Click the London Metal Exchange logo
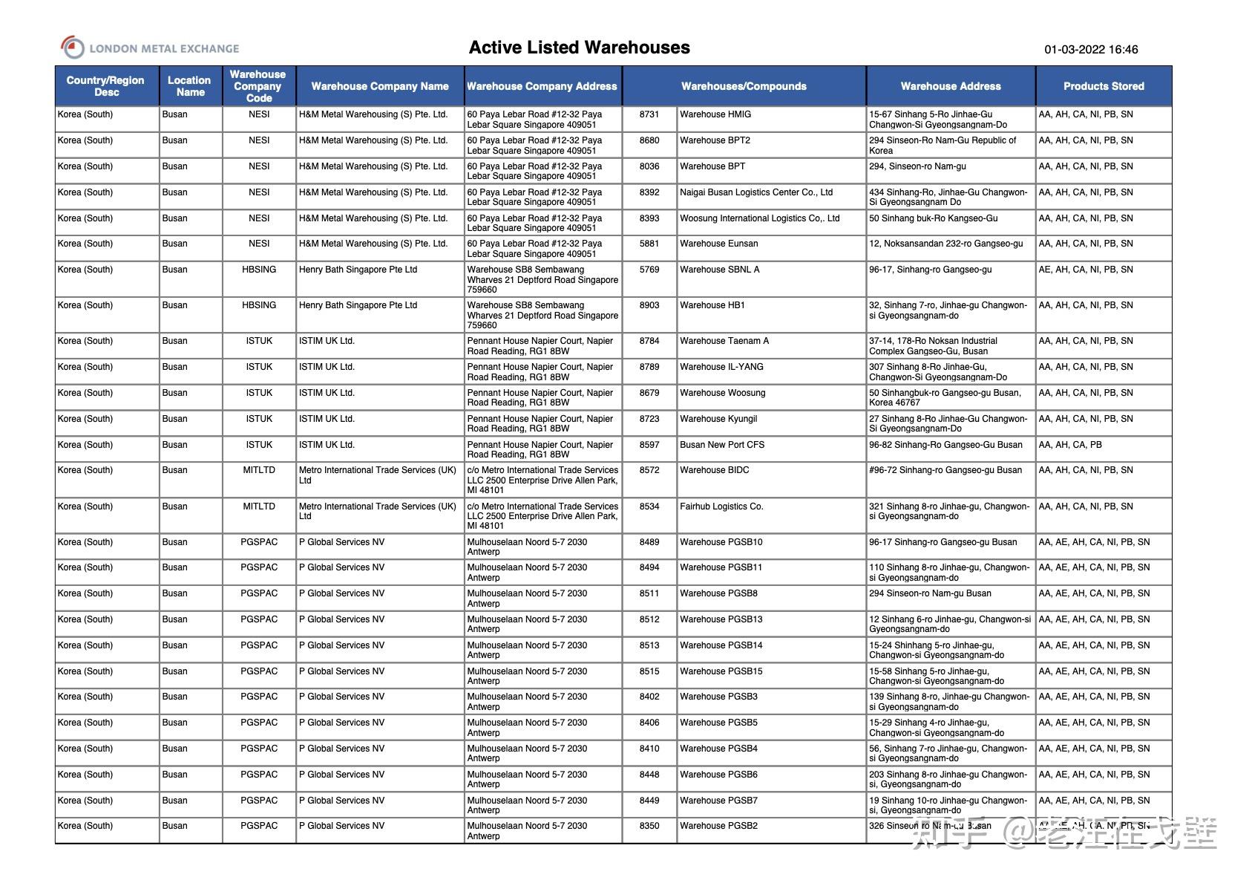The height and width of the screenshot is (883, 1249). [149, 48]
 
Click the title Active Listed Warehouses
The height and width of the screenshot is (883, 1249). [579, 48]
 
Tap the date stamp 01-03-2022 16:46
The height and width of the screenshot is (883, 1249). [1090, 50]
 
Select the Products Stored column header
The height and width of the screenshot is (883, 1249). [1103, 86]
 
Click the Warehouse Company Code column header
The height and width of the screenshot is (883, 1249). [258, 86]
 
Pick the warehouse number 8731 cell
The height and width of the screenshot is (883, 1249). [649, 114]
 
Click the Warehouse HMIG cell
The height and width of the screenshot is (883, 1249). [715, 114]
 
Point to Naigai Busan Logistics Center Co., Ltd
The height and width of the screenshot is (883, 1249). [755, 192]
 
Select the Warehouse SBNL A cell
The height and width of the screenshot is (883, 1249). [719, 270]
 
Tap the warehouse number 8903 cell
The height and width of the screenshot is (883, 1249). [649, 305]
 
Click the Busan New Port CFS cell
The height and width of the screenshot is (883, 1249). [721, 445]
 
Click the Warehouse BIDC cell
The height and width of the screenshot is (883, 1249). [714, 470]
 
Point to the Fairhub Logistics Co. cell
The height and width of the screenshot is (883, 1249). [721, 506]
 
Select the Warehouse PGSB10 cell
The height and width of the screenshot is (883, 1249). [721, 542]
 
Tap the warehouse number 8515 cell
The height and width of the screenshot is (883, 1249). [649, 671]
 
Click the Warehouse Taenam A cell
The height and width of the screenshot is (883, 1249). [724, 341]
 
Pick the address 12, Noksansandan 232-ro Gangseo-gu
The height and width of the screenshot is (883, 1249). [945, 244]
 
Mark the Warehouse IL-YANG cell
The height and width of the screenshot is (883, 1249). [721, 367]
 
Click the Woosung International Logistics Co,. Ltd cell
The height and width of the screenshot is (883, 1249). [759, 218]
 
